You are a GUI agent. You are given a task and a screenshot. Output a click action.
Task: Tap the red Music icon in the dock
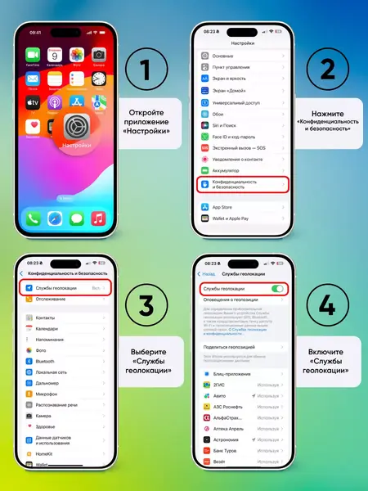tap(99, 218)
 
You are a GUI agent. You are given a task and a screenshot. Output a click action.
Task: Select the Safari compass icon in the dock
tap(55, 218)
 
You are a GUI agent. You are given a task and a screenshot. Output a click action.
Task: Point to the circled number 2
tap(327, 69)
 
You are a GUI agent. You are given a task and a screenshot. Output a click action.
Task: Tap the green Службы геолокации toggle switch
tap(278, 289)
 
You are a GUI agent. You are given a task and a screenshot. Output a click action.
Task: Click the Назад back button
tap(208, 273)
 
